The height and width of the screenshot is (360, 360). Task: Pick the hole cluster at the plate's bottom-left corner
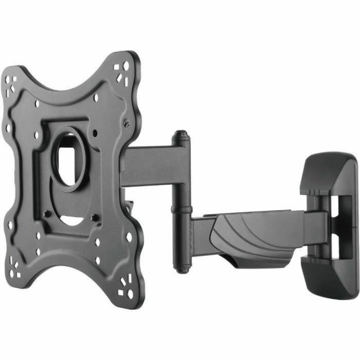pyautogui.click(x=15, y=268)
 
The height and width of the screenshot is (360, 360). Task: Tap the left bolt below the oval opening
pyautogui.click(x=47, y=213)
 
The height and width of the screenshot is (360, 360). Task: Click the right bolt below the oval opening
pyautogui.click(x=93, y=218)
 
